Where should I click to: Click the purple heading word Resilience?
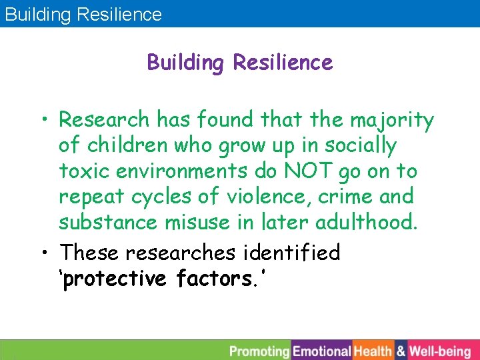[283, 63]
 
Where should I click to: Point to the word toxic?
[85, 171]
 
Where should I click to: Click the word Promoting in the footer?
[259, 351]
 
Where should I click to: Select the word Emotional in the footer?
[322, 351]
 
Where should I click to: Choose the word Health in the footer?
[373, 351]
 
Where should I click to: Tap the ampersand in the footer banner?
[401, 351]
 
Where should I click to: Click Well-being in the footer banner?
[439, 351]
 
